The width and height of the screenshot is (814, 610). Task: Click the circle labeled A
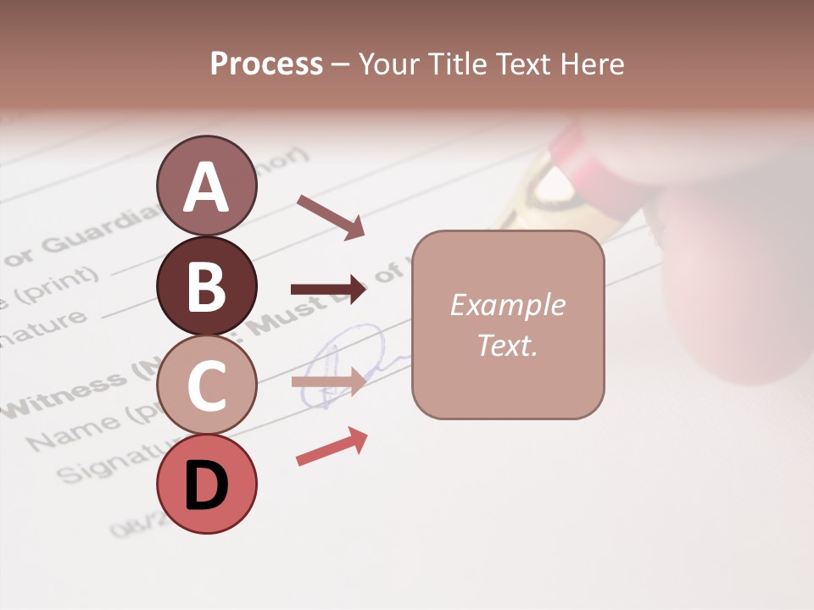[x=206, y=186]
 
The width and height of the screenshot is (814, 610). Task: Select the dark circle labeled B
[x=206, y=286]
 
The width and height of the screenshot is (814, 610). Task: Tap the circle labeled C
[x=206, y=385]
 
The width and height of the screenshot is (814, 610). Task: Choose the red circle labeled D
[x=206, y=484]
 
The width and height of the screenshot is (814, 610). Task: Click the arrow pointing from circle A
[x=330, y=217]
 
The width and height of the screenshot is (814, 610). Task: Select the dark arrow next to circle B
[x=328, y=290]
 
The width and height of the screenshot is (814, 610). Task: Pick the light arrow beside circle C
[x=328, y=381]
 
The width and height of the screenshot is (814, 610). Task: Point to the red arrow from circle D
[x=332, y=446]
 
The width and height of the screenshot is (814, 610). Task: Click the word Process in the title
[x=266, y=64]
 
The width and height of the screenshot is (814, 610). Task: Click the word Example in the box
[x=507, y=305]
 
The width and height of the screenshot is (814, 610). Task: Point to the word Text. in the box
[x=507, y=345]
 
